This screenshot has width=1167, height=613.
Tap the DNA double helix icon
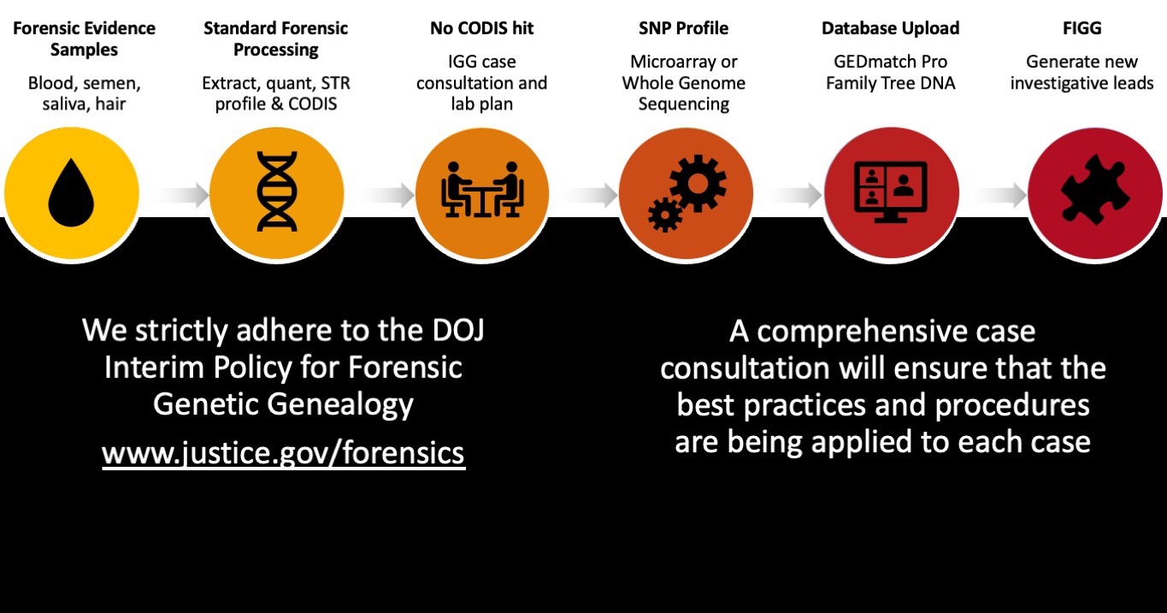tap(277, 192)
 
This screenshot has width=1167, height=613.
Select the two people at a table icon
tap(482, 189)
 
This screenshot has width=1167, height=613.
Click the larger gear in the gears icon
tap(698, 183)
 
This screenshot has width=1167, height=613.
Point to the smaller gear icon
tap(665, 215)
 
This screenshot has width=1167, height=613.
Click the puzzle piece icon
tap(1096, 190)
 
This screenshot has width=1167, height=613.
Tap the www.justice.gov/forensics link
tap(284, 453)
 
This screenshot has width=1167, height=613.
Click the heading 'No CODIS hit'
tap(482, 28)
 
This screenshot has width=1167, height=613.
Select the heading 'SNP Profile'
tap(684, 28)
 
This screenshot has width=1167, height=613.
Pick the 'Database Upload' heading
tap(890, 28)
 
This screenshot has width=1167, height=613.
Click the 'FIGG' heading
tap(1082, 28)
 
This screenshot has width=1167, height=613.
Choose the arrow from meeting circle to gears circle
tap(590, 195)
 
